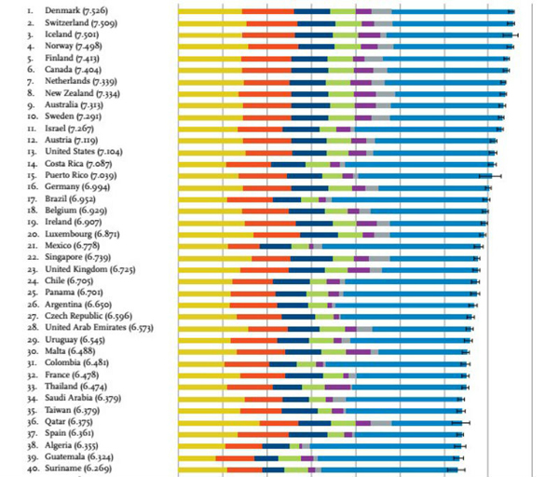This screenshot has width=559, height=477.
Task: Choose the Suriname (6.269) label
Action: point(78,468)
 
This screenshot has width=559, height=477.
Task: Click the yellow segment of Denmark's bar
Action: point(210,11)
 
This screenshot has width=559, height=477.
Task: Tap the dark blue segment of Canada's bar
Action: point(308,69)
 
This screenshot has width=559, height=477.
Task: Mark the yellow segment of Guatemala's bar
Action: point(197,457)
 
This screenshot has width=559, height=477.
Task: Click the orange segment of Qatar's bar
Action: point(279,421)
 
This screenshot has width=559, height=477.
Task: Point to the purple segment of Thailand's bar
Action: point(337,386)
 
